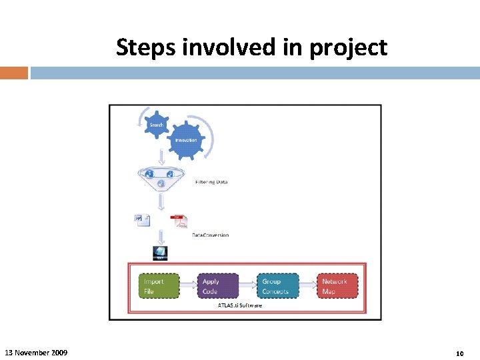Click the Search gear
point(157,125)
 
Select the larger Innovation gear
point(185,141)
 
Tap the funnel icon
point(160,176)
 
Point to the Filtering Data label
point(211,182)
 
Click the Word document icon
point(142,220)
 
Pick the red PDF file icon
point(179,221)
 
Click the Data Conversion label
point(210,235)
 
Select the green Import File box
point(159,286)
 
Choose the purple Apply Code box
point(217,286)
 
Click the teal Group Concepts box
point(277,286)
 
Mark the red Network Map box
point(337,286)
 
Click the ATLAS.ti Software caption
point(240,305)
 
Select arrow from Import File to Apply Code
point(189,286)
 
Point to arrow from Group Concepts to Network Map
point(307,286)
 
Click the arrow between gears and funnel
point(160,157)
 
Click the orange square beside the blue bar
point(14,73)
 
